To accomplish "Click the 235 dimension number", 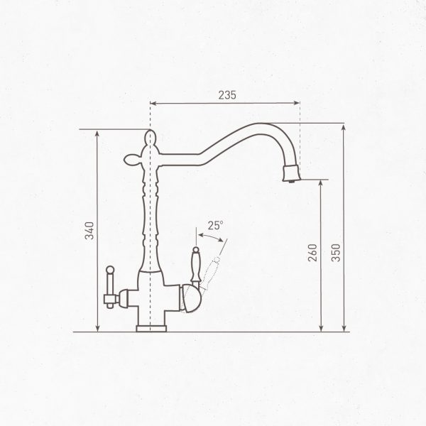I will coord(226,94).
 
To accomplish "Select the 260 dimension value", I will coord(313,254).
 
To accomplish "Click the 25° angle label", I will coord(215,225).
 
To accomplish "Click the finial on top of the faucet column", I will coord(150,136).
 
